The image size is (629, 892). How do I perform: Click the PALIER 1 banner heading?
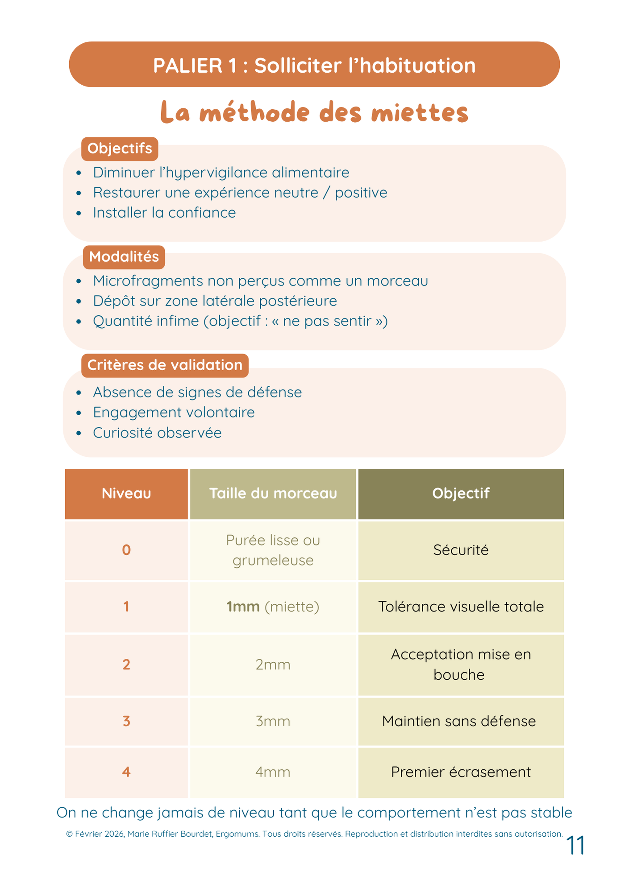click(x=314, y=65)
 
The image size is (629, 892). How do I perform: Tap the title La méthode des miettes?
click(x=314, y=112)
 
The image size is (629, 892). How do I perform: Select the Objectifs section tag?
click(x=120, y=149)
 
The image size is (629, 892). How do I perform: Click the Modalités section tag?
click(x=124, y=257)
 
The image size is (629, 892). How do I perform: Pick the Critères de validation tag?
click(x=165, y=365)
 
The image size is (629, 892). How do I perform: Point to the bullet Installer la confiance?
click(x=164, y=213)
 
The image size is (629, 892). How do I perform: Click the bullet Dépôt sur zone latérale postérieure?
click(x=215, y=301)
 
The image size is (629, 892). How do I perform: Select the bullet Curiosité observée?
click(x=157, y=433)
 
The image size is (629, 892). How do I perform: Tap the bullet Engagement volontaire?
click(x=174, y=413)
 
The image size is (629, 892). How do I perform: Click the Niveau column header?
click(x=126, y=494)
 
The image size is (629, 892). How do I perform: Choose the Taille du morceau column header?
click(x=273, y=494)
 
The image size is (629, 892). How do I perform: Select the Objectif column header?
click(x=461, y=494)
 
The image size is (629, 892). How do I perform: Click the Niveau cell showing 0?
click(x=126, y=550)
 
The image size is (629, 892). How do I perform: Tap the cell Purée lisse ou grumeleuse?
click(x=273, y=550)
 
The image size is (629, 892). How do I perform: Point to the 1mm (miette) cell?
click(x=273, y=607)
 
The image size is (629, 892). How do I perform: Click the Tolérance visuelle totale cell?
click(x=461, y=607)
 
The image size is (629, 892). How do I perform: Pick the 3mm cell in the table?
click(x=273, y=721)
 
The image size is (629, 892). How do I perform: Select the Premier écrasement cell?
click(x=461, y=772)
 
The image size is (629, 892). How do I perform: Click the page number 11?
click(x=575, y=846)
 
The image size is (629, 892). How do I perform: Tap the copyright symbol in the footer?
click(x=69, y=834)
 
